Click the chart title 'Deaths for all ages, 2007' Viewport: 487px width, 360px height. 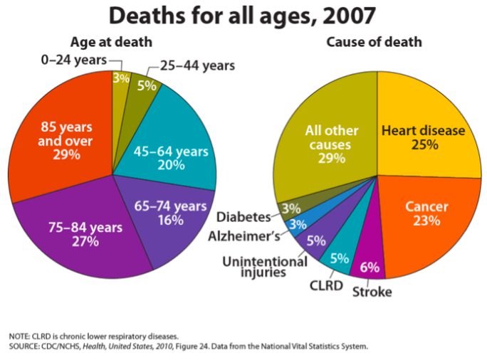coord(243,16)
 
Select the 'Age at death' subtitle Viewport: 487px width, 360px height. coord(112,42)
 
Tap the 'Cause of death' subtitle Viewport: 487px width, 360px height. coord(374,42)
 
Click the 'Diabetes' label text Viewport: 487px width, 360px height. coord(243,217)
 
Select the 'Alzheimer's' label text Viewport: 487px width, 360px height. coord(244,236)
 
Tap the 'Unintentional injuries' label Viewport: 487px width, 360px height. coord(265,267)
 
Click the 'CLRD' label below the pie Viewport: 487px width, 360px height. coord(326,285)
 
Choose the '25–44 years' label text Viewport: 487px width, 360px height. coord(197,65)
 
